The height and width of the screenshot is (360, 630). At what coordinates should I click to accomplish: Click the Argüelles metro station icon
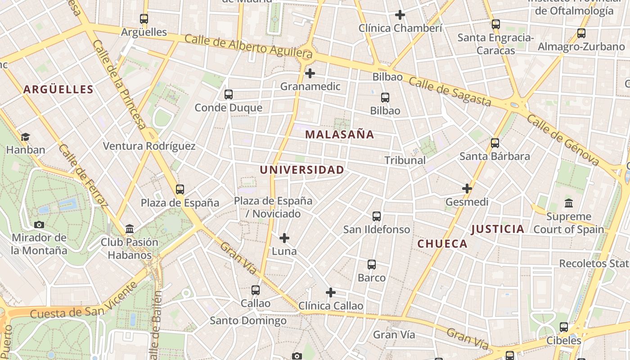pos(144,19)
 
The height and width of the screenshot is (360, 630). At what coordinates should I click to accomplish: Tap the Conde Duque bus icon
pos(229,94)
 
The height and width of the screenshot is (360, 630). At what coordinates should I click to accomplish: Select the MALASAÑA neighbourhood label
pos(339,135)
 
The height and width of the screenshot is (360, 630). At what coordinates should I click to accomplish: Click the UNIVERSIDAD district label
pos(302,170)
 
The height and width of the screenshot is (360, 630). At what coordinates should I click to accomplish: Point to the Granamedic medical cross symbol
pos(310,73)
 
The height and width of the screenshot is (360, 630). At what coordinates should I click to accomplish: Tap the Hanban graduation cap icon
pos(25,137)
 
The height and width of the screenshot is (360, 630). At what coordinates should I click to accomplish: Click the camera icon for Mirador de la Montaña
pos(39,225)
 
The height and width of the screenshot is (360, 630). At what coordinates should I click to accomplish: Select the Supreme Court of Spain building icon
pos(569,203)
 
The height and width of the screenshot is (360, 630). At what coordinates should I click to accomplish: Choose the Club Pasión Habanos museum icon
pos(130,229)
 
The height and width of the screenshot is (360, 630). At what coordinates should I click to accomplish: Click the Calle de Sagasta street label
pos(450,92)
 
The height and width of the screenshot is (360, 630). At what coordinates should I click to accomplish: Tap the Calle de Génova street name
pos(562,139)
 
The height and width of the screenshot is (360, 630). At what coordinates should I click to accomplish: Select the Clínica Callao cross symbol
pos(331,293)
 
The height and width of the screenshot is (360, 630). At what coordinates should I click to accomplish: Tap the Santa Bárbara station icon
pos(495,143)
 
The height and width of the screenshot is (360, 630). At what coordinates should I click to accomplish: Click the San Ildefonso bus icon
pos(377,216)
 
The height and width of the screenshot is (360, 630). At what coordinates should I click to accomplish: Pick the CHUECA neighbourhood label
pos(442,244)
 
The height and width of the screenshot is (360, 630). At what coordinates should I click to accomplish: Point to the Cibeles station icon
pos(564,327)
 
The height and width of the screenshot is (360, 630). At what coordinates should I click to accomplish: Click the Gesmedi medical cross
pos(467,189)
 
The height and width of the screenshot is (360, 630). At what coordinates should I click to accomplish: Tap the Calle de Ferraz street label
pos(83,176)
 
